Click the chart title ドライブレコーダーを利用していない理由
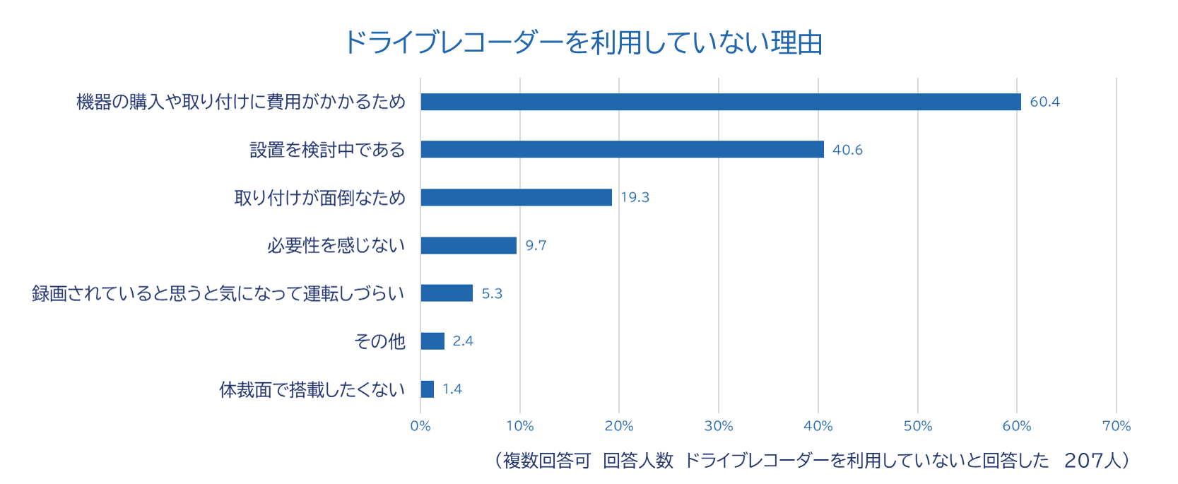click(x=583, y=42)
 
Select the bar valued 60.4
click(x=721, y=102)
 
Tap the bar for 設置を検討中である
click(x=622, y=149)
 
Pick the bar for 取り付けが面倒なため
click(x=516, y=197)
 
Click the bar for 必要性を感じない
click(x=469, y=245)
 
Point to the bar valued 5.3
click(x=447, y=293)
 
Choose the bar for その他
click(x=432, y=341)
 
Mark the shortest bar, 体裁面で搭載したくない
click(x=428, y=389)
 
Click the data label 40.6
click(x=847, y=150)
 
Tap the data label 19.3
click(x=635, y=198)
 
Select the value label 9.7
click(x=536, y=246)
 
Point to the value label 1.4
click(x=452, y=389)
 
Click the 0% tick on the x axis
click(x=420, y=426)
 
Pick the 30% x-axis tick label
click(x=719, y=426)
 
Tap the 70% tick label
click(x=1117, y=426)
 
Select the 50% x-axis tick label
click(x=918, y=426)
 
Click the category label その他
click(x=379, y=341)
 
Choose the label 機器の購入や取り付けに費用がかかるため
click(x=241, y=102)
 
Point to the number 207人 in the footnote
click(x=1092, y=461)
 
